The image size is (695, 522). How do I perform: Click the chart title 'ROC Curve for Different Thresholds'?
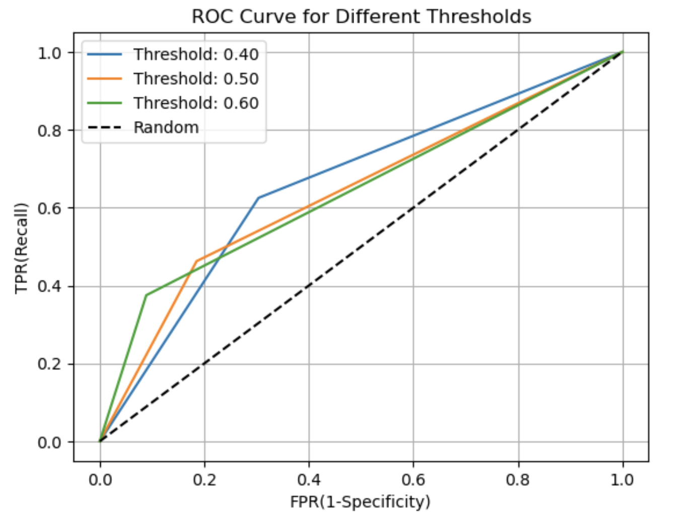[361, 17]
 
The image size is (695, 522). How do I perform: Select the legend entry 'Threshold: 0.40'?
[196, 54]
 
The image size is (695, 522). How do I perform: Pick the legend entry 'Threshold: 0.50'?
[196, 79]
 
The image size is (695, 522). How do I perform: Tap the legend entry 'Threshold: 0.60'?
[196, 103]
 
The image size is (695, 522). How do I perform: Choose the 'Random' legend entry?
[166, 127]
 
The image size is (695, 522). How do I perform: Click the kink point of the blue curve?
[258, 198]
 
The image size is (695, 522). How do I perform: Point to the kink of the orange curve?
[196, 260]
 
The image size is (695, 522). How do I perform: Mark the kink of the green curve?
[146, 295]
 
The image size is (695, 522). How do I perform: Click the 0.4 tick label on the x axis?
[309, 480]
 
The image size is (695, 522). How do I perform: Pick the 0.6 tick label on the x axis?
[413, 480]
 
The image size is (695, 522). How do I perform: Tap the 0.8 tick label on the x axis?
[518, 480]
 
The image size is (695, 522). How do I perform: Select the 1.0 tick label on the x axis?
[622, 480]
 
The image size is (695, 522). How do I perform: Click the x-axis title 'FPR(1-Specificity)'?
[360, 502]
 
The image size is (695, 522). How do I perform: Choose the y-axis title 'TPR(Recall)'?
[21, 248]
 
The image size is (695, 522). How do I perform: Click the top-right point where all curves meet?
[623, 52]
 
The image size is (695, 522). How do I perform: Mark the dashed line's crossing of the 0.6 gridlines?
[413, 208]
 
